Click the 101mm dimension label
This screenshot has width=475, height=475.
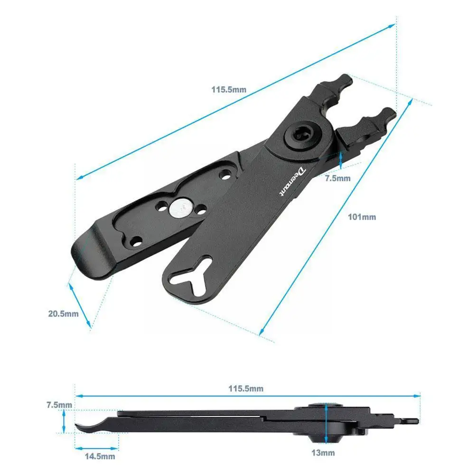tap(362, 217)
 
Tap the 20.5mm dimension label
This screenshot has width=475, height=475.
tap(63, 314)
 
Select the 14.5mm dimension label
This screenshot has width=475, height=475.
tap(100, 456)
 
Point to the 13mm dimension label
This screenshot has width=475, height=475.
tap(323, 453)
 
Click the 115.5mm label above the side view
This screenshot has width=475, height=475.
tap(246, 388)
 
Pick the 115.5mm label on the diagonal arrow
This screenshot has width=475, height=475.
tap(229, 90)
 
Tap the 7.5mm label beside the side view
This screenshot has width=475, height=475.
tap(59, 405)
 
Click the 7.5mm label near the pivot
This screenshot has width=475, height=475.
tap(338, 178)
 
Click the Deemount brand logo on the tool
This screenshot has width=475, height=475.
tap(292, 182)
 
